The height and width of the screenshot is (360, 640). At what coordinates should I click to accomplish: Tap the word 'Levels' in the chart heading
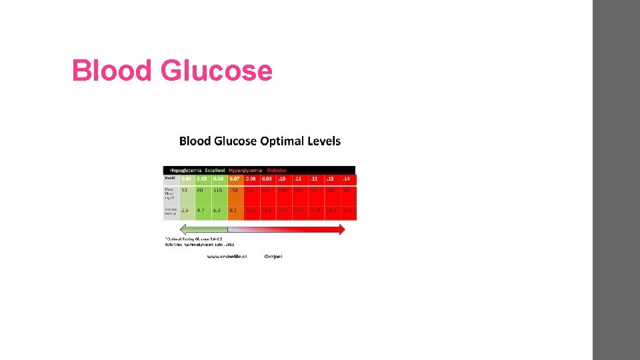pyautogui.click(x=323, y=141)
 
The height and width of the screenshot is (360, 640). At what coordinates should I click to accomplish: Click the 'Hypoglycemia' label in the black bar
pyautogui.click(x=185, y=171)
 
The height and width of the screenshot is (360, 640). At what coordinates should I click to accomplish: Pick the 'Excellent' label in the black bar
pyautogui.click(x=215, y=171)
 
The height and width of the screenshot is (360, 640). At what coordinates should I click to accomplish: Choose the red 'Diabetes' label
pyautogui.click(x=277, y=171)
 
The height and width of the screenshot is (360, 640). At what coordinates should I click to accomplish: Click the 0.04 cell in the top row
pyautogui.click(x=186, y=179)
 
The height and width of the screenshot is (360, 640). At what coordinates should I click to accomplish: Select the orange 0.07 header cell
pyautogui.click(x=235, y=179)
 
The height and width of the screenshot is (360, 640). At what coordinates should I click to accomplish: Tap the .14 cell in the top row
pyautogui.click(x=348, y=179)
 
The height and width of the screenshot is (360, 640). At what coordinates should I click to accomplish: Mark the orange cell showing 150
pyautogui.click(x=235, y=191)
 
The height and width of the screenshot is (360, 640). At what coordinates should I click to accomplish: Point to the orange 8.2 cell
pyautogui.click(x=235, y=210)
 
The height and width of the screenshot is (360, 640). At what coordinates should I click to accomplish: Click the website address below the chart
pyautogui.click(x=227, y=256)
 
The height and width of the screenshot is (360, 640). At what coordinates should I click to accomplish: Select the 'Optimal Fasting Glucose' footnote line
pyautogui.click(x=193, y=238)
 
